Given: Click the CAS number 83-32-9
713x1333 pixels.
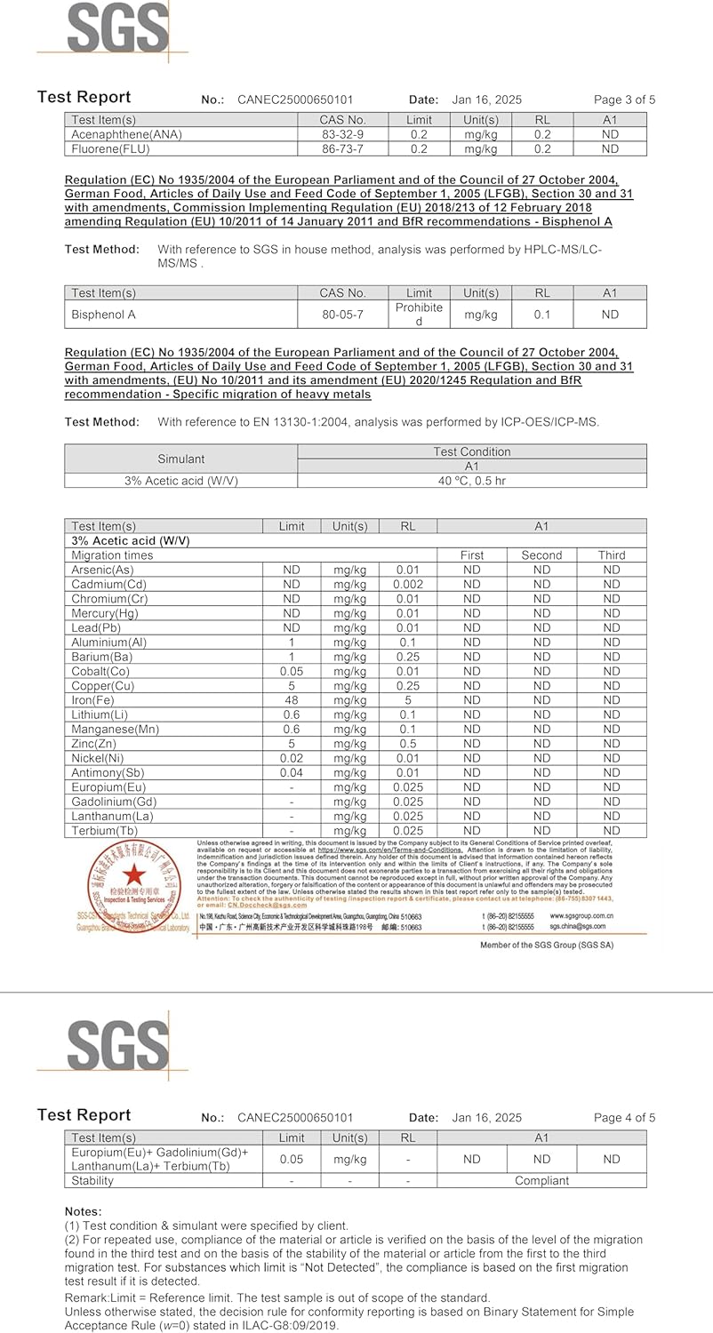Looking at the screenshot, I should click(x=342, y=134).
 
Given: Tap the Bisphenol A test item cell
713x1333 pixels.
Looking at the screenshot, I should click(x=104, y=314).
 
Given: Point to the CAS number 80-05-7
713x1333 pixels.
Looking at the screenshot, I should click(x=342, y=314).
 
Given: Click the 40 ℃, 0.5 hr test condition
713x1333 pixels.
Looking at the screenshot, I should click(x=471, y=481).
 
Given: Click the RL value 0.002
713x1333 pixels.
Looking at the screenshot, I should click(x=408, y=585).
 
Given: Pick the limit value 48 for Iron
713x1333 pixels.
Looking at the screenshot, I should click(x=291, y=700).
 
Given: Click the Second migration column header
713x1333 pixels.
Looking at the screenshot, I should click(x=541, y=555).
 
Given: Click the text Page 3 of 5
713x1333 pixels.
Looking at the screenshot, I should click(x=624, y=100).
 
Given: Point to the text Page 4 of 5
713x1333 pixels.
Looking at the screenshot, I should click(x=624, y=1117).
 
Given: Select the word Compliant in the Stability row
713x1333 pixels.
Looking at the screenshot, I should click(x=541, y=1181).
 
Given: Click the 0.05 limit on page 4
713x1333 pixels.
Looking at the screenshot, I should click(x=291, y=1159).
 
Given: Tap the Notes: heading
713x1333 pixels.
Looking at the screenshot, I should click(x=84, y=1211).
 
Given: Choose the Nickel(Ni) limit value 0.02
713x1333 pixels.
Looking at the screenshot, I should click(x=291, y=758).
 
